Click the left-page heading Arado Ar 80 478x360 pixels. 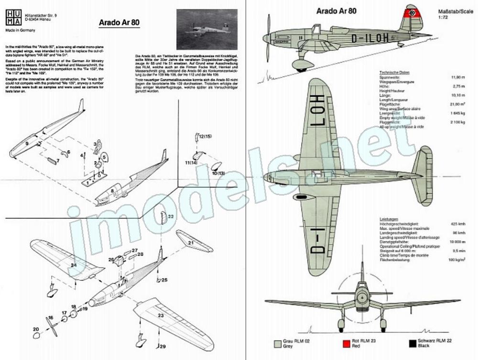coord(119,22)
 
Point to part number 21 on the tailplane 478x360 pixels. coord(190,243)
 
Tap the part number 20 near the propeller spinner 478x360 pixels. coord(35,328)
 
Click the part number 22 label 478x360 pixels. coord(171,216)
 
